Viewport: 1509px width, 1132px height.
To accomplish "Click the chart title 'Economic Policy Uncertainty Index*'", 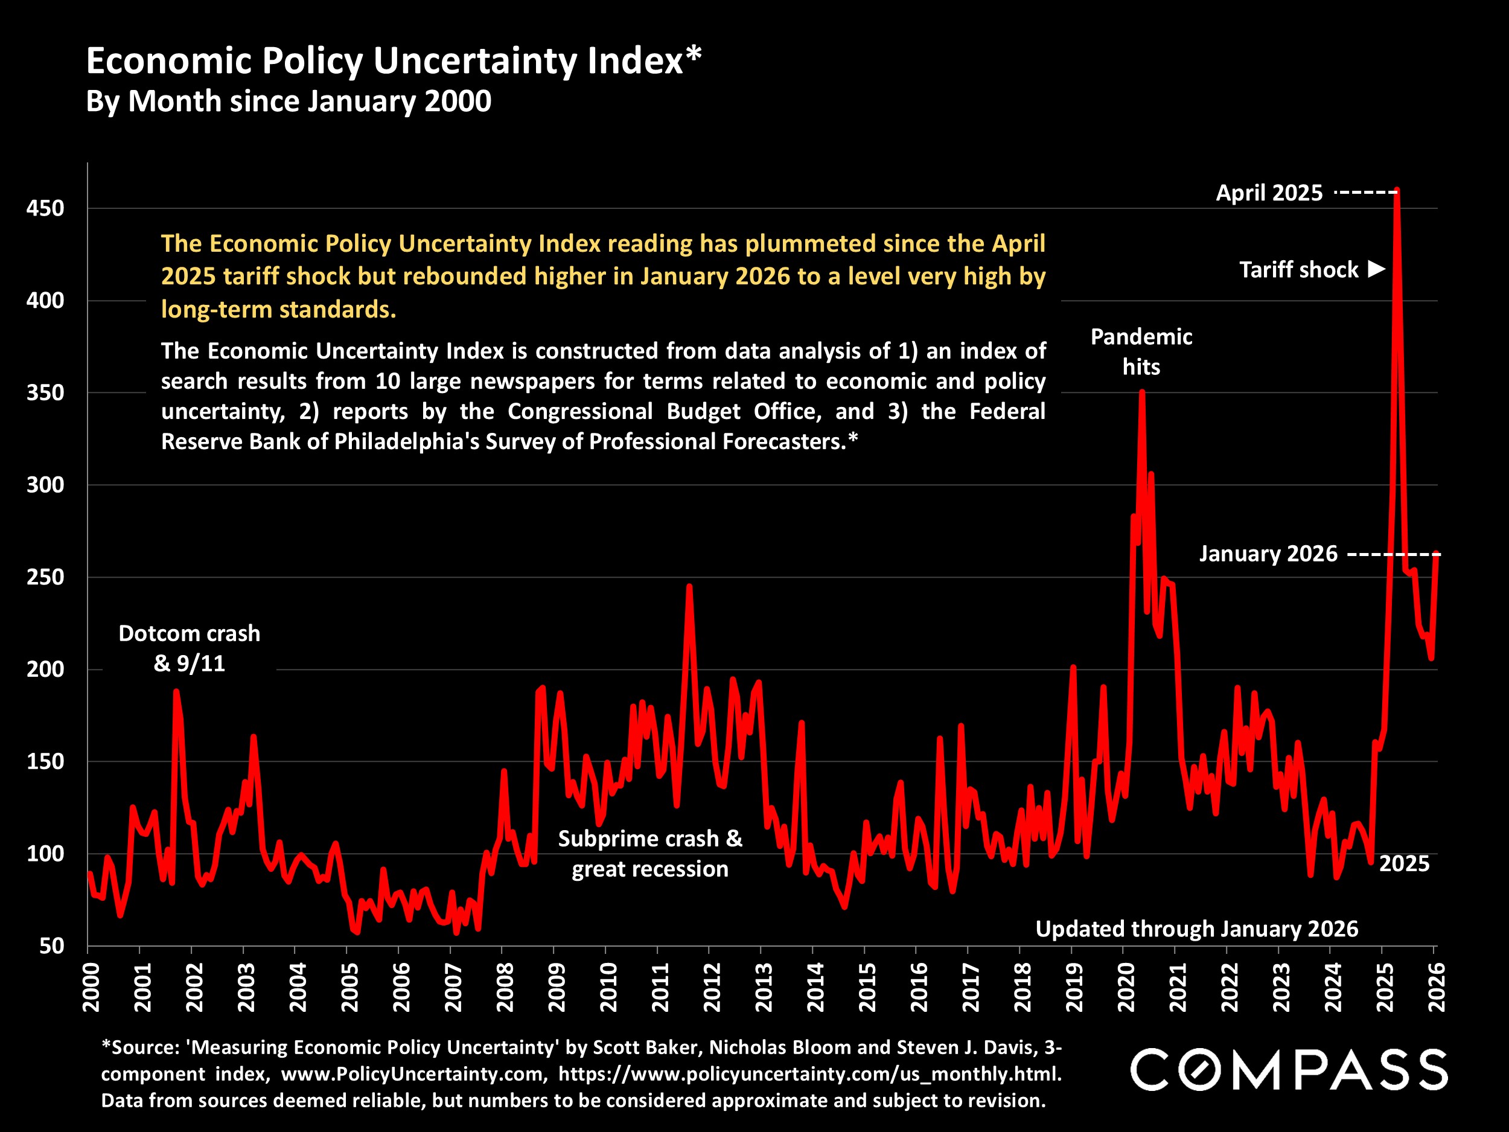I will click(x=393, y=61).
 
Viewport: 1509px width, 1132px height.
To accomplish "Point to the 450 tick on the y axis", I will click(x=45, y=208).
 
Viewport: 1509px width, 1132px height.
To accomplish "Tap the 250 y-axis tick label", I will click(x=45, y=577).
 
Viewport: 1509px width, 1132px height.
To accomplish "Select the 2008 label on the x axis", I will click(x=505, y=987).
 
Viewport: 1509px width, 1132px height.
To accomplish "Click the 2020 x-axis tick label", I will click(x=1126, y=987).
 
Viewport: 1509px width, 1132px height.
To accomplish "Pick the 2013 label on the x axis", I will click(x=764, y=987).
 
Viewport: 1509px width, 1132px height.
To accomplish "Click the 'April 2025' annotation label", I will click(x=1269, y=193).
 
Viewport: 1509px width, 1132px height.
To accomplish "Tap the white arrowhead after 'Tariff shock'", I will click(x=1377, y=269).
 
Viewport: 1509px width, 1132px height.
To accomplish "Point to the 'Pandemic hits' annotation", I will click(x=1141, y=351).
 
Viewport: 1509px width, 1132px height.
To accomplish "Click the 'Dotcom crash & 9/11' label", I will click(x=189, y=648).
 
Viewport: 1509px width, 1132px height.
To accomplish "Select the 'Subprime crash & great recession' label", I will click(x=650, y=853).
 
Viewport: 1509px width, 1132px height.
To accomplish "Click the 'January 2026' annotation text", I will click(x=1268, y=554).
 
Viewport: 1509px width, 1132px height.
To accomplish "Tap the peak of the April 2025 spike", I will click(x=1397, y=191).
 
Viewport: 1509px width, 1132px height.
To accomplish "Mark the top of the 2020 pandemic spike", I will click(x=1142, y=392).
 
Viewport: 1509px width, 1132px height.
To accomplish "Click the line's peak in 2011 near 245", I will click(x=689, y=586).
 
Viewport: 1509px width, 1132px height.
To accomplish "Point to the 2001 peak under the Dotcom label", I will click(x=176, y=691).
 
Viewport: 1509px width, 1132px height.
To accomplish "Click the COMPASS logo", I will click(x=1288, y=1069).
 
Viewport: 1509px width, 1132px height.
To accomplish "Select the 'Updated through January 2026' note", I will click(x=1196, y=929).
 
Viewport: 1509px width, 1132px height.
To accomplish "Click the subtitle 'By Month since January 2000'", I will click(x=289, y=101).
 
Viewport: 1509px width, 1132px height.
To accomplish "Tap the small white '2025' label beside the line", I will click(x=1404, y=863).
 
